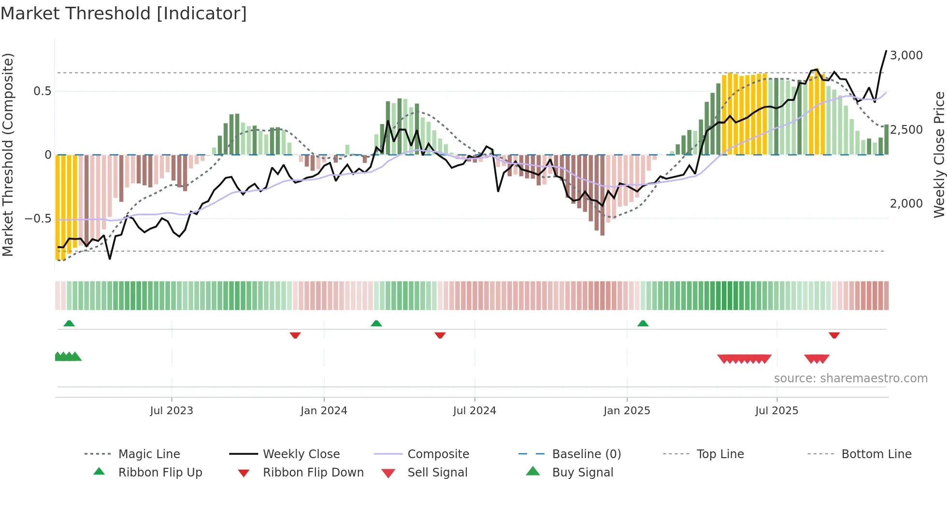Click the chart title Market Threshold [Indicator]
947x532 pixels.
(124, 14)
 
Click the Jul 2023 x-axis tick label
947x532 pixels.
(172, 411)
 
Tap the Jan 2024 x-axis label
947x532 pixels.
(324, 411)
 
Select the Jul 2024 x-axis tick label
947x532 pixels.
(474, 411)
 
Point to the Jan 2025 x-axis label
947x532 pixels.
(627, 411)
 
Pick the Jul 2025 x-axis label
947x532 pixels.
(776, 411)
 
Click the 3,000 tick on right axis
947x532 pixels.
(906, 56)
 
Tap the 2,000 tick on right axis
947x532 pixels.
(906, 204)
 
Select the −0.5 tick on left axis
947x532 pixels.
(38, 219)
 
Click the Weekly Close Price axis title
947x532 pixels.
(939, 154)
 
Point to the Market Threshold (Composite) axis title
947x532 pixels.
(8, 154)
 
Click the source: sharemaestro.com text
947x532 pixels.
(850, 378)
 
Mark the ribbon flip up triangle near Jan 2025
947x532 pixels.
(643, 323)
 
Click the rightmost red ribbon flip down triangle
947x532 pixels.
(834, 335)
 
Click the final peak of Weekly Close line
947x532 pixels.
(886, 51)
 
